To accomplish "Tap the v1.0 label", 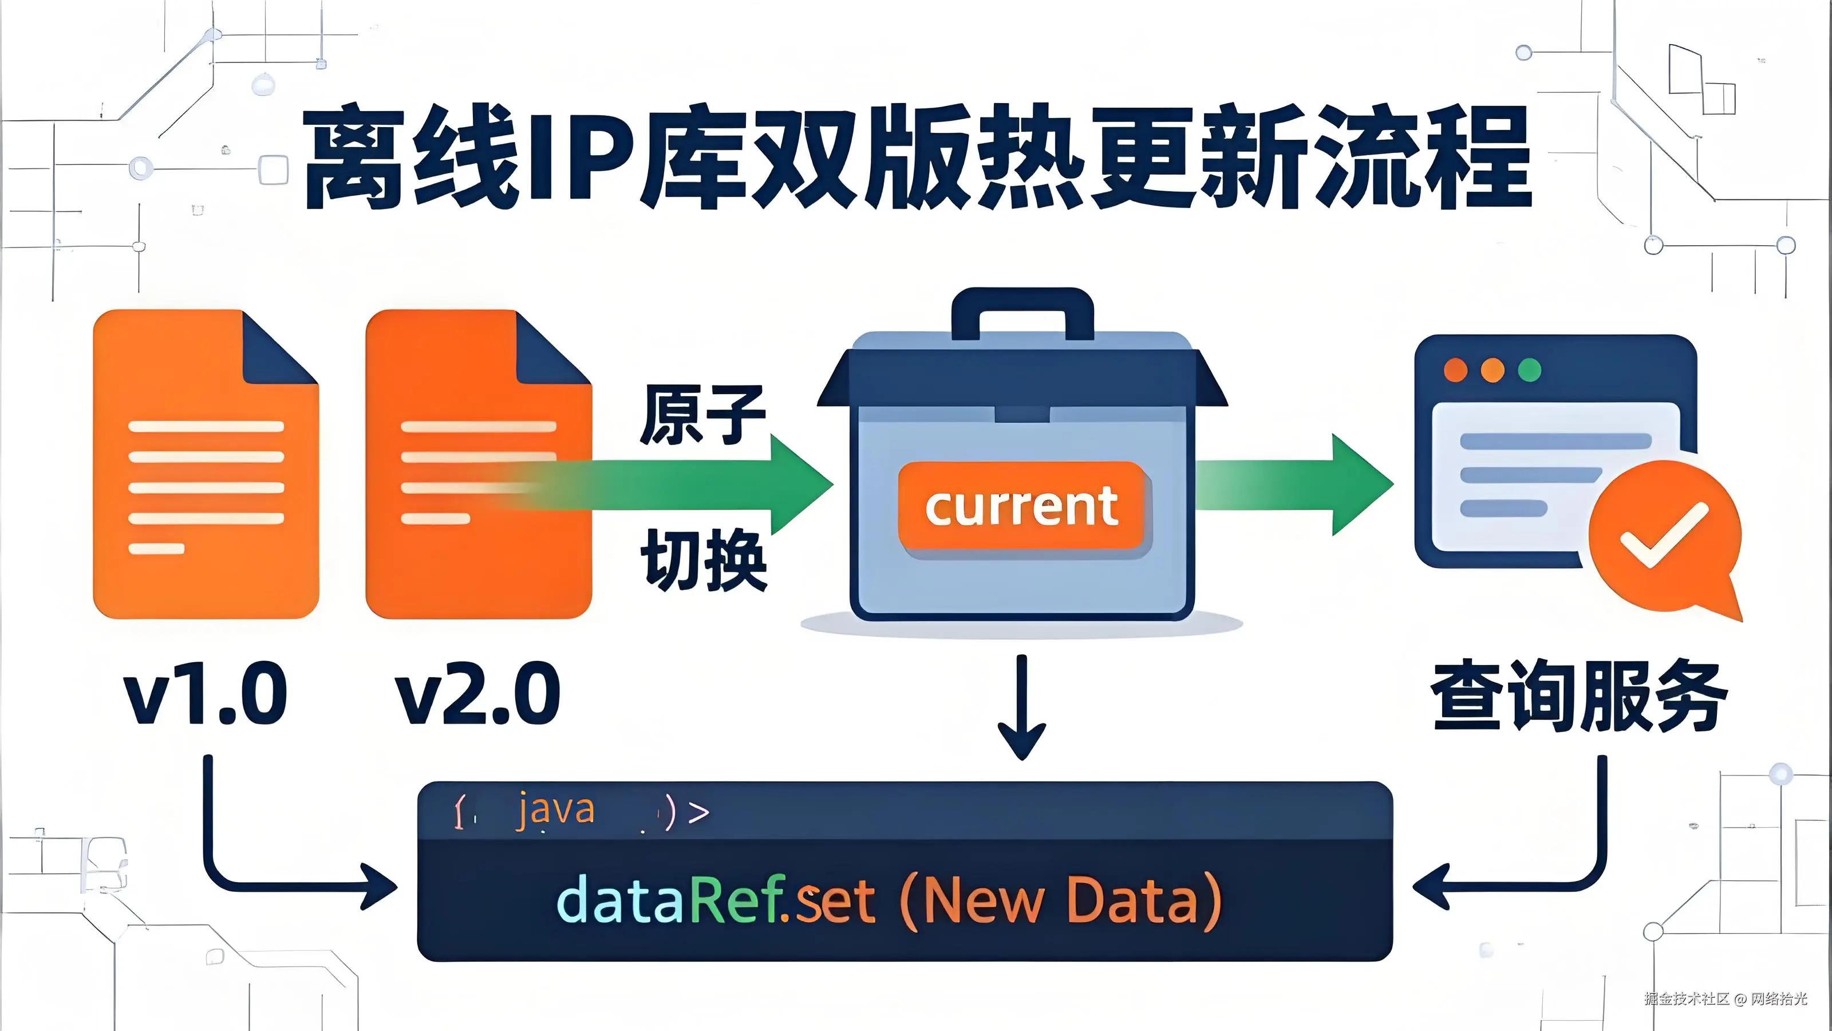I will (206, 693).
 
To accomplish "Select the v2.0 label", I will (479, 693).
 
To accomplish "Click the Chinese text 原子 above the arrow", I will (702, 415).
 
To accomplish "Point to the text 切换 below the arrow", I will (704, 560).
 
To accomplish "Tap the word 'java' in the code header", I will (555, 810).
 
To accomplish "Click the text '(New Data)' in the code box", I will (1060, 901).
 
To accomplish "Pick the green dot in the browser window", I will (1529, 370).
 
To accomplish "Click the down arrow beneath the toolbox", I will (1022, 711).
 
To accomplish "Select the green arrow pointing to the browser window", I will (1294, 485).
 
